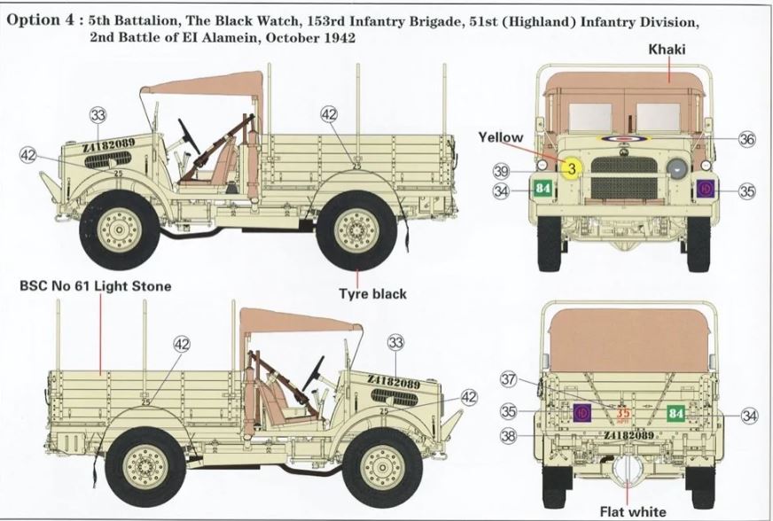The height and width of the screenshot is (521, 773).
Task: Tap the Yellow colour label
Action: click(x=501, y=137)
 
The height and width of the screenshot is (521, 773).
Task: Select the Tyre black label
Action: click(x=371, y=292)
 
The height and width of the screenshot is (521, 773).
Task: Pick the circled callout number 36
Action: click(x=746, y=139)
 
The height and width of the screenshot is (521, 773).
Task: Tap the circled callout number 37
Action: click(x=508, y=379)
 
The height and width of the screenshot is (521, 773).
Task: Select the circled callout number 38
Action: click(x=508, y=436)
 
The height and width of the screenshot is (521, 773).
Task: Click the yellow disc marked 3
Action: click(x=572, y=168)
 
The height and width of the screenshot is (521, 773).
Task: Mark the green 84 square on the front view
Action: click(x=543, y=189)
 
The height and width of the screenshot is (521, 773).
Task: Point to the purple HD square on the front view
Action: click(x=706, y=189)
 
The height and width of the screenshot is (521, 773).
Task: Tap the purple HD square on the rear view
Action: click(x=582, y=413)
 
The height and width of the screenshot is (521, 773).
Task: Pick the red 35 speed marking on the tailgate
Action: click(x=624, y=413)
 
